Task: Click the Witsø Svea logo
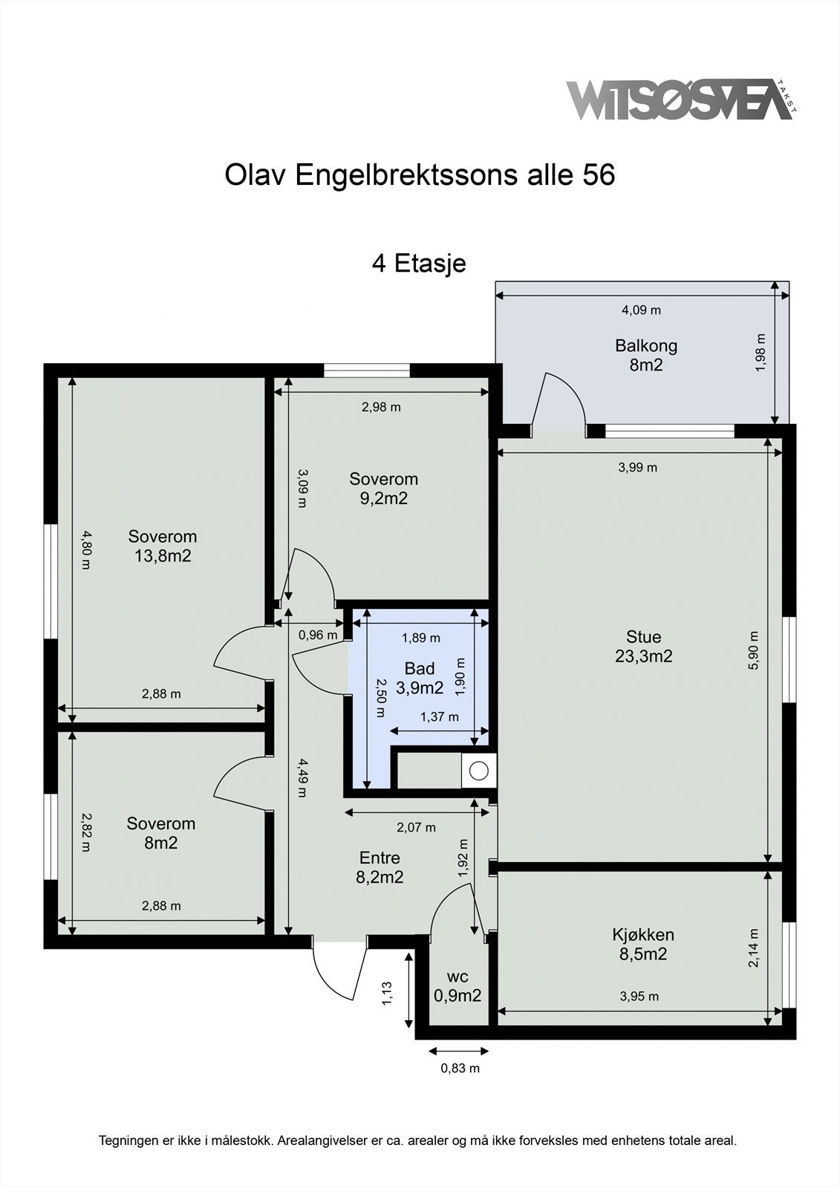681,100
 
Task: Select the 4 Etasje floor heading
419,263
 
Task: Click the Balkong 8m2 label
646,356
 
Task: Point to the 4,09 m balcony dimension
641,310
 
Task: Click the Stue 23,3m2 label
644,646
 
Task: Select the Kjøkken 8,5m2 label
643,944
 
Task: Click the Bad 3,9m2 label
419,678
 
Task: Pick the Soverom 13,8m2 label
163,546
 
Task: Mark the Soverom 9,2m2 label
384,489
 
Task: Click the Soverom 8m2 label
160,832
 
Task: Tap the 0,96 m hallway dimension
318,635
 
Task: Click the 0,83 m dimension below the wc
460,1068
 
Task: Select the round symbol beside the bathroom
478,771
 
